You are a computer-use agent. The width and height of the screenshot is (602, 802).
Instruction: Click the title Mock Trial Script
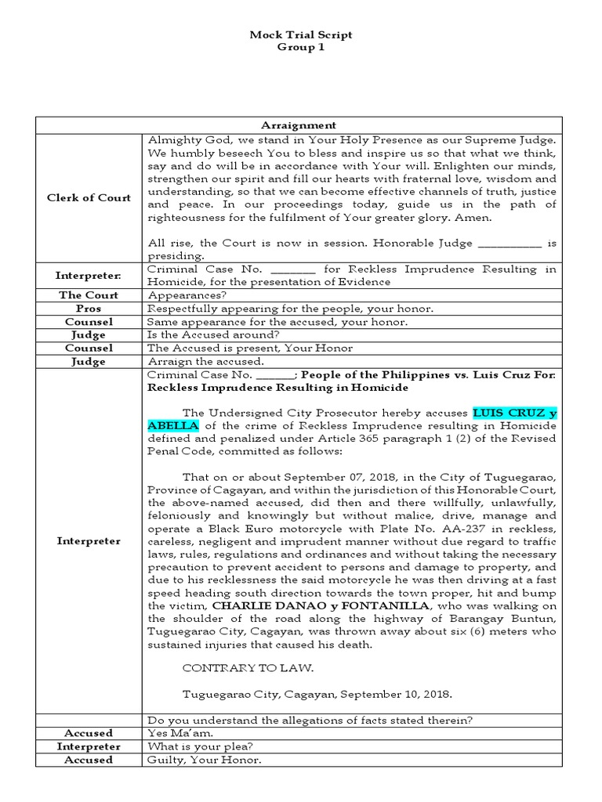click(300, 35)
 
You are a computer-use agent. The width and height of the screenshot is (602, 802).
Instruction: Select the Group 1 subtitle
click(300, 47)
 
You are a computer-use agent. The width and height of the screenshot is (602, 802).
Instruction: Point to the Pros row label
click(89, 309)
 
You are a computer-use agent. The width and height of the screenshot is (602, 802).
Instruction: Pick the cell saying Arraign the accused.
click(206, 362)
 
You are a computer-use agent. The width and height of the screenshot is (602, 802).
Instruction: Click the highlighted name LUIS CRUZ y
click(514, 413)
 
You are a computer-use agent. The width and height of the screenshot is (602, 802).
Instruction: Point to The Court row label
click(89, 295)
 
